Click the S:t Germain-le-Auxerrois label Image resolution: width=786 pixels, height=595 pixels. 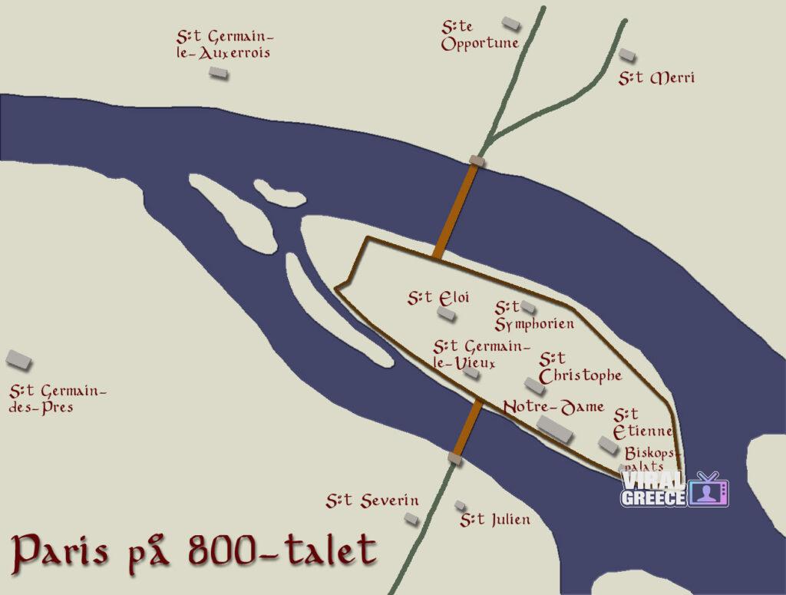(x=224, y=45)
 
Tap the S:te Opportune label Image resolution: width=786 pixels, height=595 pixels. (x=480, y=35)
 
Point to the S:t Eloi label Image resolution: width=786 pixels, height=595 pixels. (x=438, y=297)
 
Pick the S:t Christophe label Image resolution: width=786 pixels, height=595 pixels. (x=580, y=368)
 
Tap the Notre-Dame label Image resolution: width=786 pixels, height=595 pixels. (x=553, y=407)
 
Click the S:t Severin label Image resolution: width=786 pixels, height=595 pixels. (x=372, y=501)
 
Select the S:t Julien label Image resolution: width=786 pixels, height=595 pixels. (x=494, y=520)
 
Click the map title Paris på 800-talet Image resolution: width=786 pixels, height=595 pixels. (x=195, y=551)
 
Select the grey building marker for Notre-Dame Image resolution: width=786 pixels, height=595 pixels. (x=555, y=428)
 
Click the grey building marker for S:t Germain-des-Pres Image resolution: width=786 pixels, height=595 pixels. (x=18, y=359)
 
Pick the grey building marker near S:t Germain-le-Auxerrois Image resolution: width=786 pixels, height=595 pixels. (x=219, y=72)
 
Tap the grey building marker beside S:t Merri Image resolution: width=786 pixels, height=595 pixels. (x=628, y=55)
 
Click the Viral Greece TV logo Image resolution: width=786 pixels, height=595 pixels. (x=674, y=489)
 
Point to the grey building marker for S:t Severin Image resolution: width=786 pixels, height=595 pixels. (x=411, y=519)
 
